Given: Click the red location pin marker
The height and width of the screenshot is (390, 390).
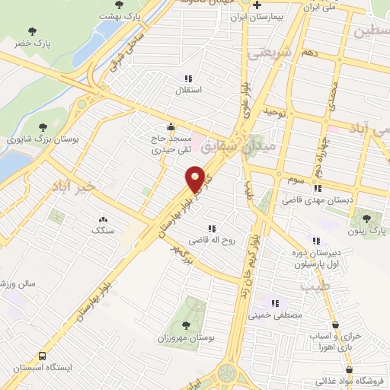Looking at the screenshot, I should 195,179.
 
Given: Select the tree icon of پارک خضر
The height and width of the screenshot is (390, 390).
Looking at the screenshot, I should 32,31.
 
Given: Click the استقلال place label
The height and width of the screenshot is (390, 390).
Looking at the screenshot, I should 188,91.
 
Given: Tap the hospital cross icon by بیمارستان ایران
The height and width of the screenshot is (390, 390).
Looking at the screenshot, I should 257,5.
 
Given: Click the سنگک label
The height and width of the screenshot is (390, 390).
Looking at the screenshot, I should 102,229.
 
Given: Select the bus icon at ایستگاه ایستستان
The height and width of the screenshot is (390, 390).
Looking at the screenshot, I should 41,356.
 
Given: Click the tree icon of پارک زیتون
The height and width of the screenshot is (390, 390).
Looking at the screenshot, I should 366,219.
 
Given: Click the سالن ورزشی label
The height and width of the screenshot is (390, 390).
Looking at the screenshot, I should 13,283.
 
